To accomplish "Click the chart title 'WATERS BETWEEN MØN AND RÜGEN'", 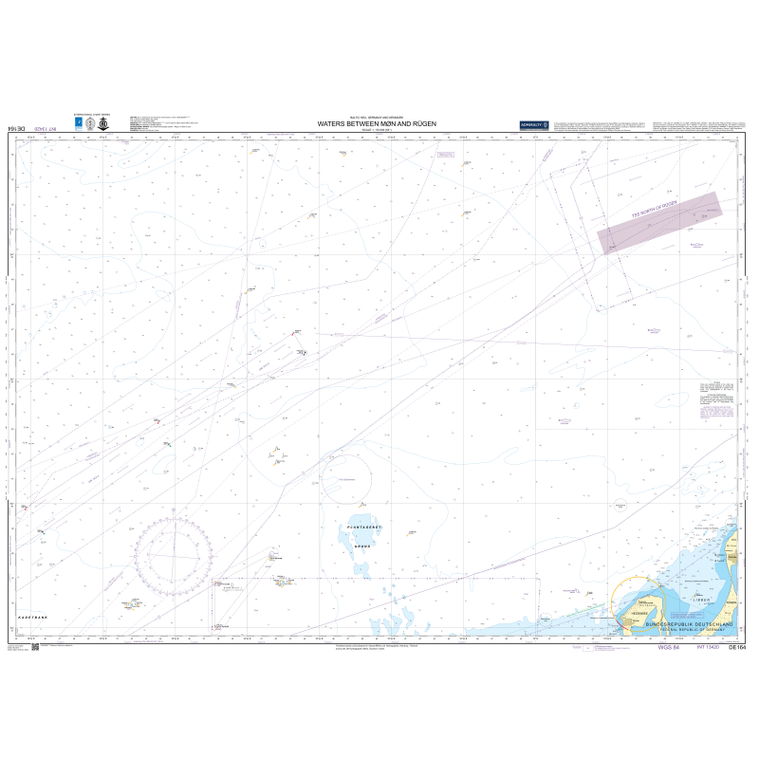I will pos(375,123).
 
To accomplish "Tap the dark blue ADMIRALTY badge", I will pos(534,125).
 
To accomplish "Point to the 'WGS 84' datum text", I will pos(671,647).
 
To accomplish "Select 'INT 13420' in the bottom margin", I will pos(706,647).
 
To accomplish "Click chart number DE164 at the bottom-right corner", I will pos(736,647).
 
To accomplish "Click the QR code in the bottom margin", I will pos(35,647).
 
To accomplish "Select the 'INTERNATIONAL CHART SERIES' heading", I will pos(90,112).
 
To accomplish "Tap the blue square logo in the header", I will pos(79,122).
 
